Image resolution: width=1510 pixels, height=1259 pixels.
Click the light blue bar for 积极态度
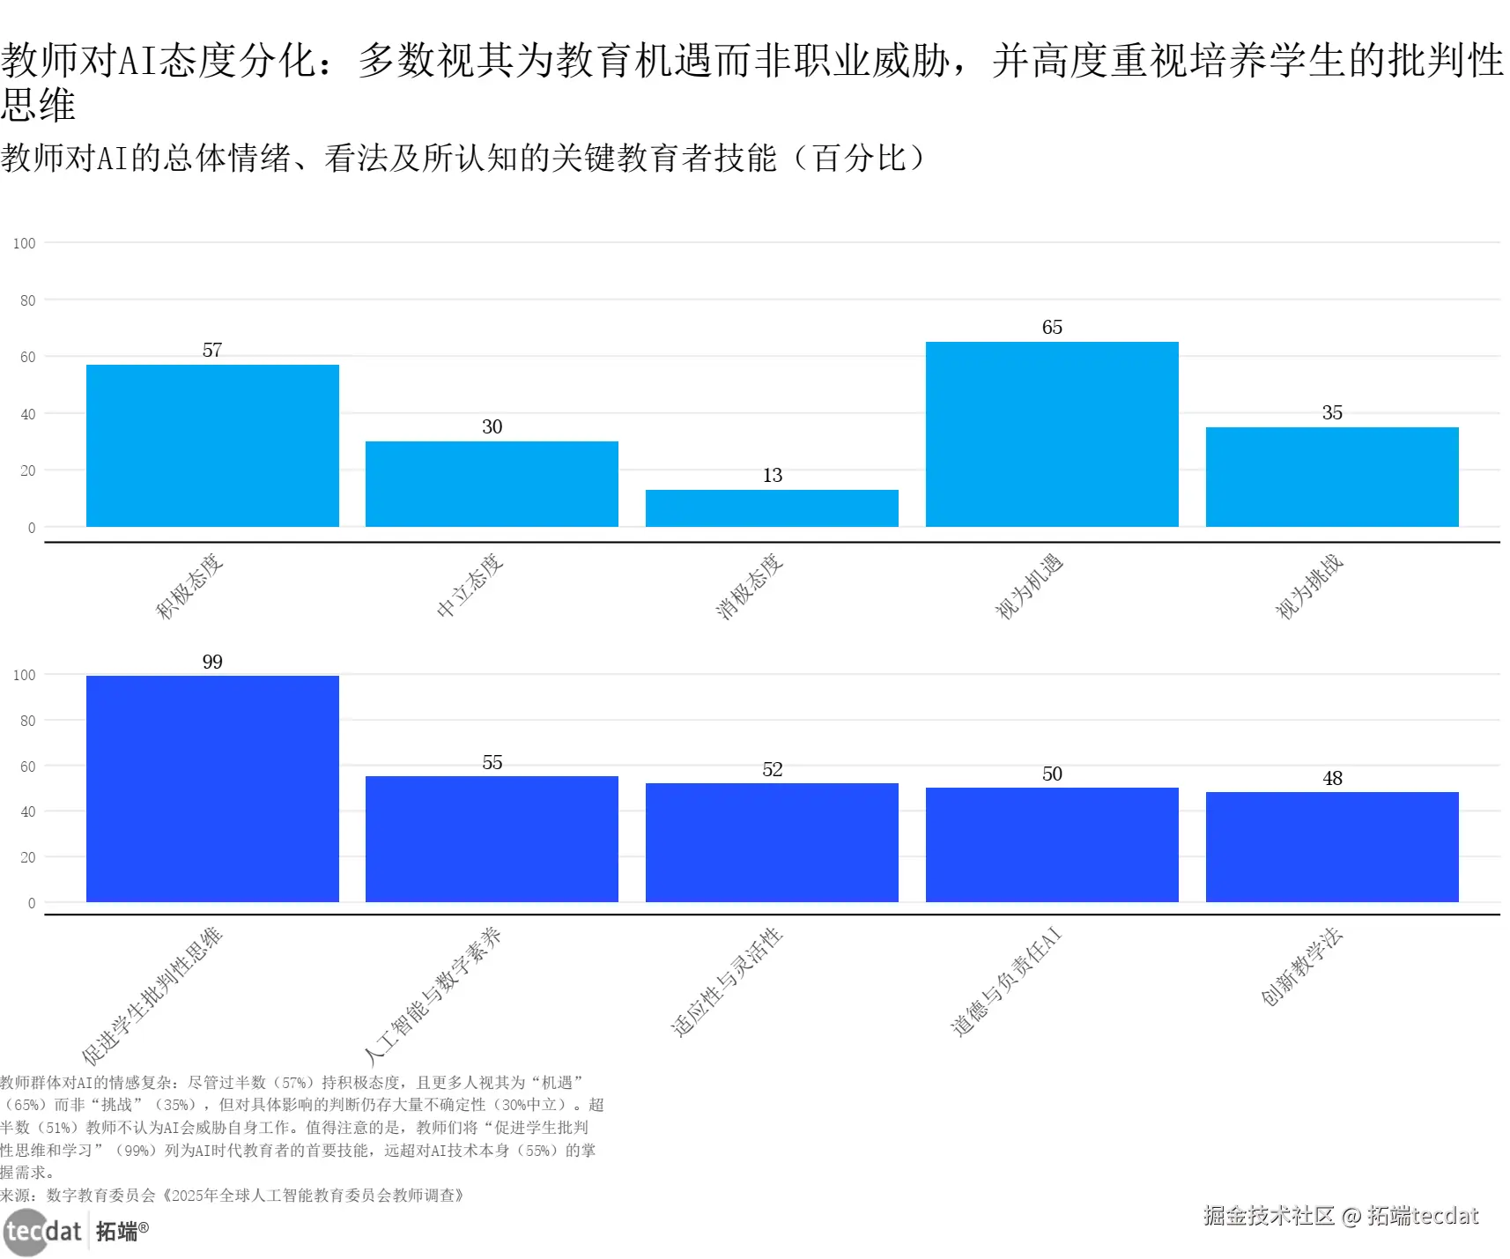click(x=212, y=446)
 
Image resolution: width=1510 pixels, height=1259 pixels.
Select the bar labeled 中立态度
click(x=492, y=484)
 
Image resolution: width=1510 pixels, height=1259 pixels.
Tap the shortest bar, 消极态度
click(x=772, y=508)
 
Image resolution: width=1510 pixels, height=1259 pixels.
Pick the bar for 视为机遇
click(x=1052, y=434)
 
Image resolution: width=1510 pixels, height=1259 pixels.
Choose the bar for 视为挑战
click(x=1332, y=477)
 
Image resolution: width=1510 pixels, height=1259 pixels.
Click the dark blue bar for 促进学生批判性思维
click(x=212, y=789)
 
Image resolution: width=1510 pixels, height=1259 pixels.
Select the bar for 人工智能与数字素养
click(x=492, y=839)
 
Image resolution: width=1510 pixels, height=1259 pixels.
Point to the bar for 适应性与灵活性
click(x=772, y=842)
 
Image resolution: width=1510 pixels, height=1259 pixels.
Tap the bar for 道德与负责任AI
click(x=1052, y=844)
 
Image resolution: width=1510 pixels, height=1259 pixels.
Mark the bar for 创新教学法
click(x=1332, y=847)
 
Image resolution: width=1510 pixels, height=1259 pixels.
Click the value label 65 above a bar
click(x=1052, y=328)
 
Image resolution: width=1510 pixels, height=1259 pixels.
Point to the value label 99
click(x=212, y=662)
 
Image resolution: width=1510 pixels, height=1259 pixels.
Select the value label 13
click(x=772, y=476)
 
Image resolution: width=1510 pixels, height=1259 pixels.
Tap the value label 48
click(x=1332, y=778)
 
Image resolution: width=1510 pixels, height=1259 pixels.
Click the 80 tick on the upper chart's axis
click(x=28, y=300)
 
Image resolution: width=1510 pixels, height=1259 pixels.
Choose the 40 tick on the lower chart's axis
click(x=28, y=811)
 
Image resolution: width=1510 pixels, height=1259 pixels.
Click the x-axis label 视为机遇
click(x=1029, y=587)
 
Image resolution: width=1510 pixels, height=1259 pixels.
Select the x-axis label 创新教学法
click(x=1301, y=966)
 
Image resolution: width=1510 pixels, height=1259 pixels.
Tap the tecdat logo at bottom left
click(x=42, y=1231)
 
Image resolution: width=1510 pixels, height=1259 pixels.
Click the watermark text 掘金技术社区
click(x=1269, y=1216)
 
